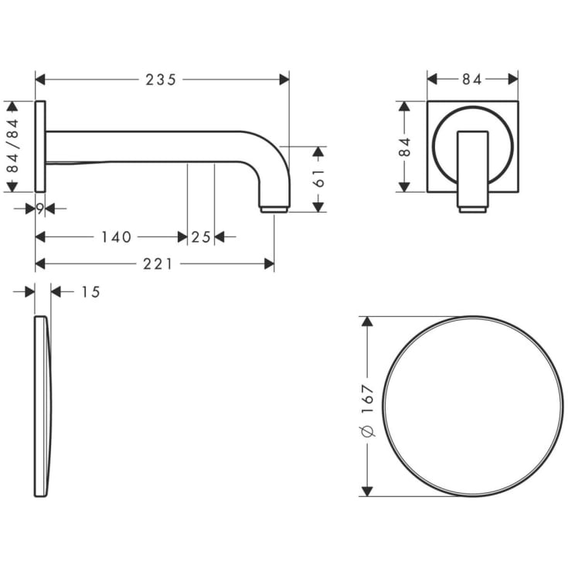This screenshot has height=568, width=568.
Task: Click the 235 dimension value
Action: coord(161,80)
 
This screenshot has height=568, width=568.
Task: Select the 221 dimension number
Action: coord(158,264)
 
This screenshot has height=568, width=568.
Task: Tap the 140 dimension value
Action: coord(116,237)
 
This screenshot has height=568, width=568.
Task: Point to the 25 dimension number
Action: coord(201,237)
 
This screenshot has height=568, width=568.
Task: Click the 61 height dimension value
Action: coord(318,178)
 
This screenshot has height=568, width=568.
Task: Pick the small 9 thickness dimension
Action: coord(40,209)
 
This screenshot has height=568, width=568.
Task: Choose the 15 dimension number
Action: coord(90,292)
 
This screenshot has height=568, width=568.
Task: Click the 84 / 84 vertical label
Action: coord(12,146)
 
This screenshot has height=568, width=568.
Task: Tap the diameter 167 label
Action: coord(368,410)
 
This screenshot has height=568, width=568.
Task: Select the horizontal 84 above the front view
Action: coord(472,80)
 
